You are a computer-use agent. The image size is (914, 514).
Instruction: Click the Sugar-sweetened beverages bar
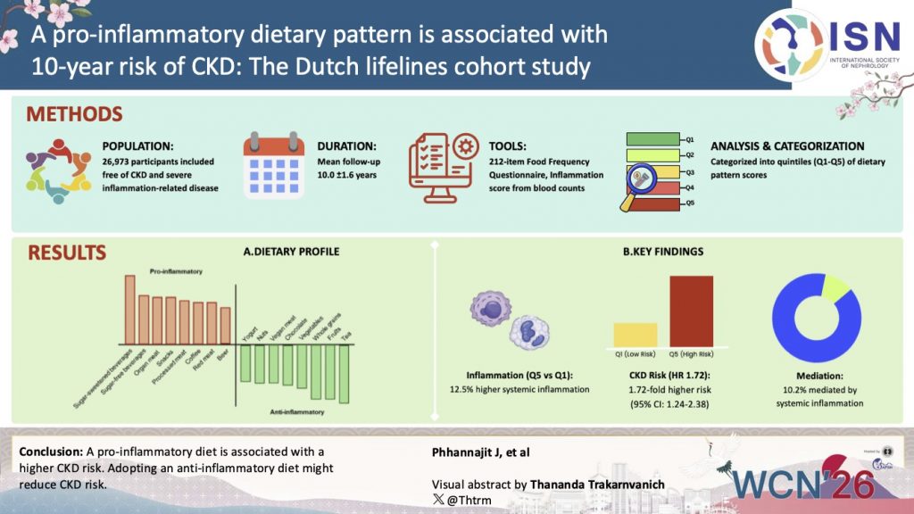pyautogui.click(x=129, y=310)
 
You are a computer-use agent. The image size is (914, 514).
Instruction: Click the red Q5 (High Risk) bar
pyautogui.click(x=691, y=311)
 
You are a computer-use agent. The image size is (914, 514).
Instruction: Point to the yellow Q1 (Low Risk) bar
pyautogui.click(x=635, y=335)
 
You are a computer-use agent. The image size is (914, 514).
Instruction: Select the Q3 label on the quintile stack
pyautogui.click(x=689, y=171)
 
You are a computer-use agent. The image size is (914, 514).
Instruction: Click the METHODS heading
pyautogui.click(x=74, y=115)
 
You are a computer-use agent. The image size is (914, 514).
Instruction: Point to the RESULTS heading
pyautogui.click(x=68, y=253)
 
